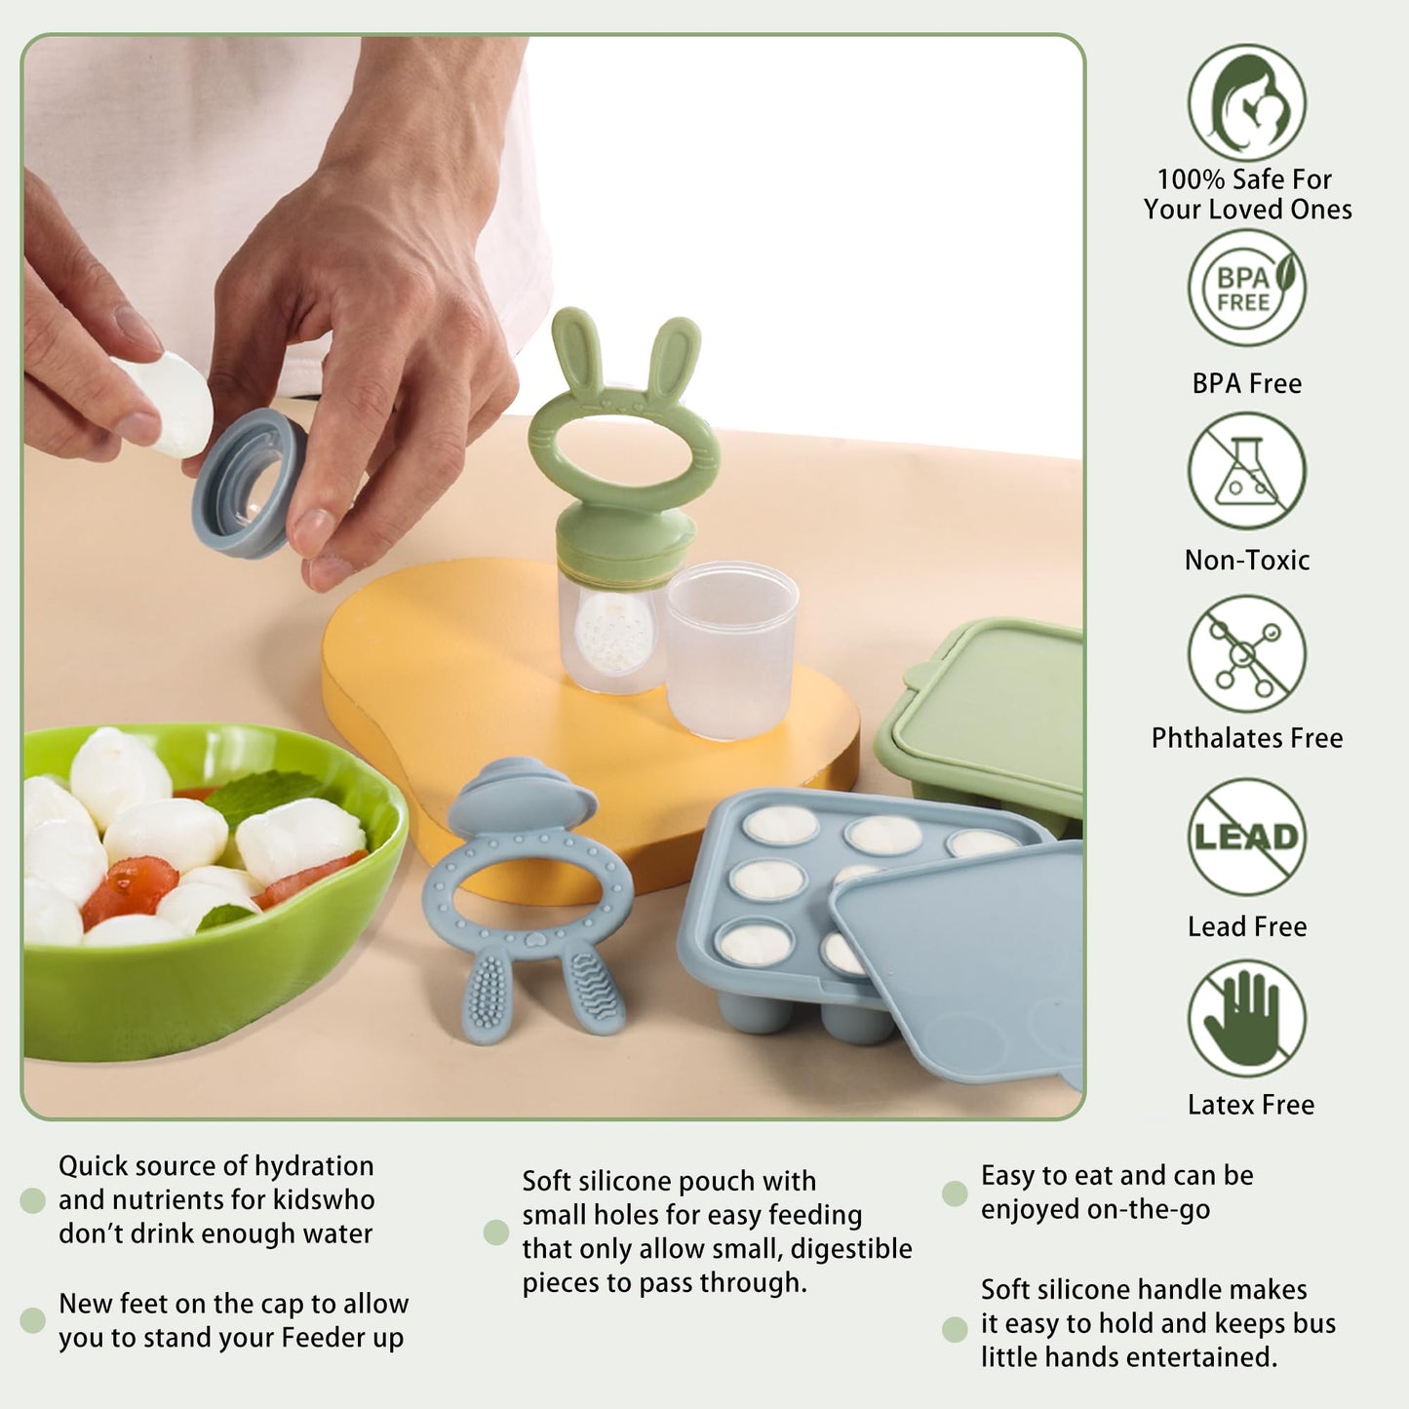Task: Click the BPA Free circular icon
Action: click(x=1246, y=288)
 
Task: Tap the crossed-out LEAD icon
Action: click(x=1246, y=837)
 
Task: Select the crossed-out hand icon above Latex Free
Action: click(x=1246, y=1018)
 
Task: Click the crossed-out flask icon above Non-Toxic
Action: click(x=1246, y=471)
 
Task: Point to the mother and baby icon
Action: click(x=1246, y=102)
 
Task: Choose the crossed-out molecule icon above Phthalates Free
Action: click(x=1246, y=653)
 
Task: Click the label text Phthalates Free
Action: click(x=1246, y=738)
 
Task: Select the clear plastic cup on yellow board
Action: click(x=732, y=648)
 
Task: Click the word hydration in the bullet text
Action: click(x=314, y=1166)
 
